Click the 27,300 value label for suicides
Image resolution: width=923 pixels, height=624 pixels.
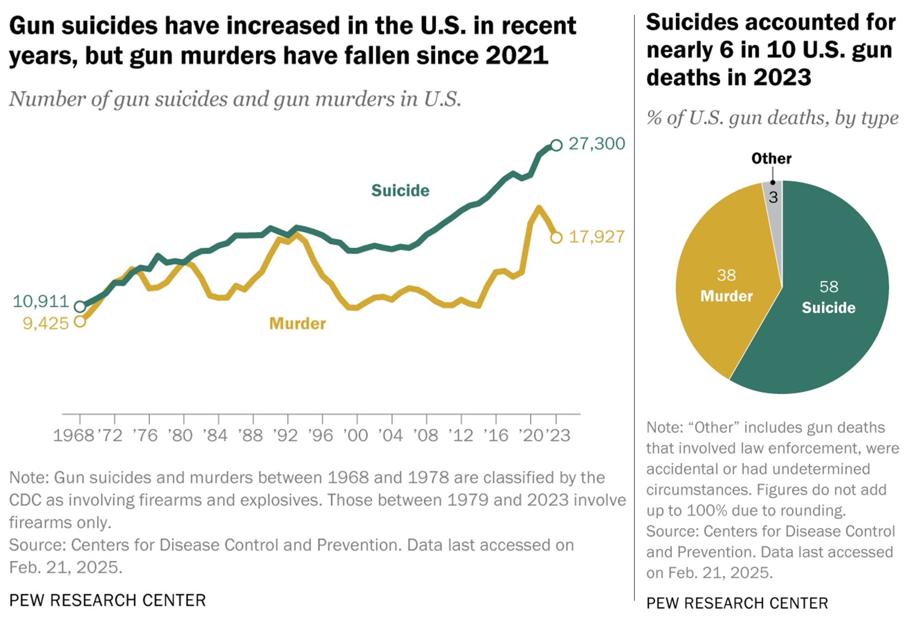tap(596, 144)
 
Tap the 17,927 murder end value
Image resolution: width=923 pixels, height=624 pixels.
tap(596, 237)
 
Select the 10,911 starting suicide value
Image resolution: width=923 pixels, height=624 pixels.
tap(41, 301)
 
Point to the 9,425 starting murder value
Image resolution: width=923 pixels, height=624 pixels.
tap(46, 324)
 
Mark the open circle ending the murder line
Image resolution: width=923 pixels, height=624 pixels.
tap(557, 238)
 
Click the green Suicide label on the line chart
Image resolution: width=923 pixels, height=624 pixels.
tap(400, 191)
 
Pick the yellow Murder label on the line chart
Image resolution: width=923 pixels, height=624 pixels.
tap(297, 324)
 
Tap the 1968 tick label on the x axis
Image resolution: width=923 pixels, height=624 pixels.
tap(73, 435)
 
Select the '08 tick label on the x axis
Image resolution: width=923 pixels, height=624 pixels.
tap(426, 435)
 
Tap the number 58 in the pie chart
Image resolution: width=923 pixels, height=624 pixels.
tap(829, 287)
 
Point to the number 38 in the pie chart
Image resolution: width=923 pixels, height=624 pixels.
tap(726, 275)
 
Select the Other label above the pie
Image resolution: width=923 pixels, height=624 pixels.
tap(771, 158)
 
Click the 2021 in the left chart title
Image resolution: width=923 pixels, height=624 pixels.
tap(516, 55)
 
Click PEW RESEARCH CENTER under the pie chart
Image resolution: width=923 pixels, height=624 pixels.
tap(737, 603)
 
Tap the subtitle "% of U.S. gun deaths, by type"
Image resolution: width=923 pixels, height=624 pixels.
tap(772, 118)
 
